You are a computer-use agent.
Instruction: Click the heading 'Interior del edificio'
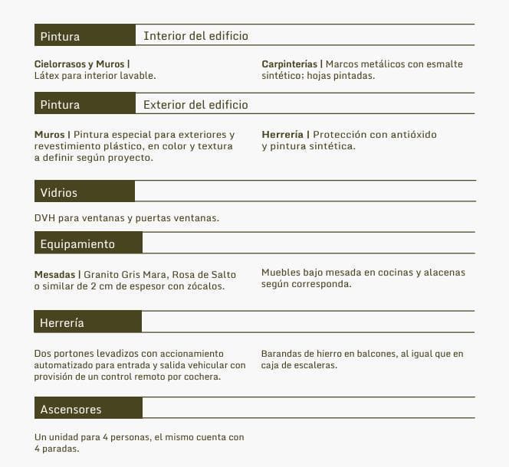pos(195,36)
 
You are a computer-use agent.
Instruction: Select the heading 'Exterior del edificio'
pos(195,105)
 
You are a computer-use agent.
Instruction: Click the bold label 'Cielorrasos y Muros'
pos(80,64)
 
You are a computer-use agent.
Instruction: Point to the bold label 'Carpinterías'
pos(289,64)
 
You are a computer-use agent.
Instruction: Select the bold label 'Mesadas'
pos(54,274)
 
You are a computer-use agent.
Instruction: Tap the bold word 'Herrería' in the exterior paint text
pos(282,135)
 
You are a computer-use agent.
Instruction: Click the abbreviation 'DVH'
pos(44,218)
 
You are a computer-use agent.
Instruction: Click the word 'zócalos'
pos(205,286)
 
